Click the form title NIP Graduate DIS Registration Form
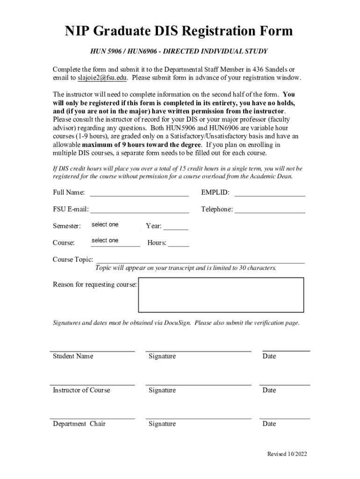tap(179, 31)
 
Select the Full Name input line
tap(139, 193)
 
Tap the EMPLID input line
tap(270, 193)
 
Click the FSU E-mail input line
tap(139, 209)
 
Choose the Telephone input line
tap(270, 209)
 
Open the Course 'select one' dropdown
tap(114, 241)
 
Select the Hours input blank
tap(179, 243)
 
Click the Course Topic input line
tap(200, 260)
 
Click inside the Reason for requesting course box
tap(221, 295)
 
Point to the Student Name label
tap(73, 356)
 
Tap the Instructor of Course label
tap(81, 390)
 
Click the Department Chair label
tap(79, 424)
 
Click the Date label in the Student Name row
tap(269, 356)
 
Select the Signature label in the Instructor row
tap(162, 390)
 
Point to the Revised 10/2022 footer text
tap(287, 454)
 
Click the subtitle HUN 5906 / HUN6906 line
tap(179, 51)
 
